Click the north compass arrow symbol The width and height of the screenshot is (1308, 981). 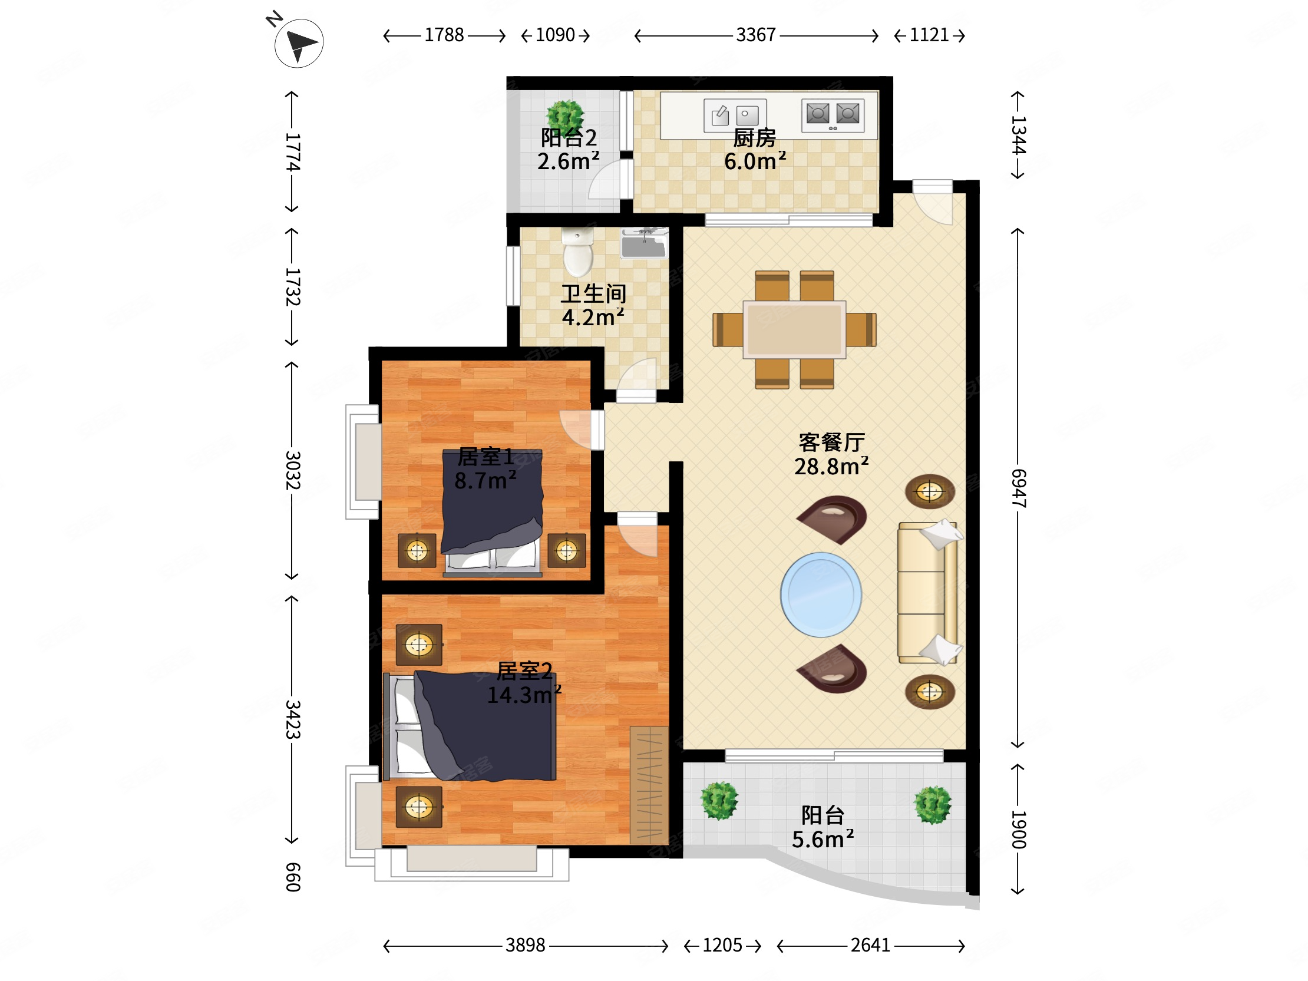coord(299,43)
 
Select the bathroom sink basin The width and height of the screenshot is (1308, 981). coord(645,243)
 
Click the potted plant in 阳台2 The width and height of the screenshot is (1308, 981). coord(565,116)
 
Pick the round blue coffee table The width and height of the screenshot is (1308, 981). coord(821,595)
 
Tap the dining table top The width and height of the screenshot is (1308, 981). coord(794,329)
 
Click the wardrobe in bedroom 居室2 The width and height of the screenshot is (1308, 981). coord(649,785)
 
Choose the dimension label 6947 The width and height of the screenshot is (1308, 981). coord(1018,488)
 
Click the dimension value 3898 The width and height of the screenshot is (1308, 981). coord(525,945)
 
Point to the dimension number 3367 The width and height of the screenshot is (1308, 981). coord(756,35)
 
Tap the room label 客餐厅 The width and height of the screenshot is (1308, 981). coord(832,442)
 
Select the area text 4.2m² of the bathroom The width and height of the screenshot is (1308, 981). coord(593,318)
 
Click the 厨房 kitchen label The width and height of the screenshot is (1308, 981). coord(755,138)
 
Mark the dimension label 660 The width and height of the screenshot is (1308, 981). coord(293,877)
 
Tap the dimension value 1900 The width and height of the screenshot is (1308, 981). coord(1018,830)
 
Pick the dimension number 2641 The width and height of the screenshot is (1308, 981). coord(870,945)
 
